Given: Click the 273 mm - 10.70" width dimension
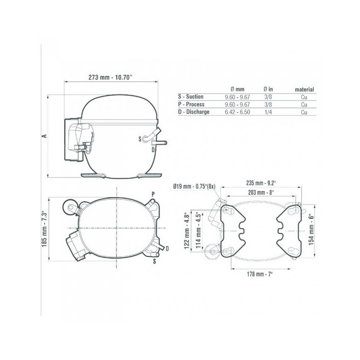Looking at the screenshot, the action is pyautogui.click(x=111, y=77).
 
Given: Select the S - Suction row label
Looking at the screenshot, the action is pyautogui.click(x=190, y=96).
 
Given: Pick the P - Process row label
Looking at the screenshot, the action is pyautogui.click(x=191, y=104).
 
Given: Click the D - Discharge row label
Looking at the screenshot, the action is pyautogui.click(x=194, y=112).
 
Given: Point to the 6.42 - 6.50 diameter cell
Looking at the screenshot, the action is pyautogui.click(x=237, y=112).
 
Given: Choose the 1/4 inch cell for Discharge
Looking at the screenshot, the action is pyautogui.click(x=268, y=112).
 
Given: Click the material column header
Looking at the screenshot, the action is pyautogui.click(x=304, y=89).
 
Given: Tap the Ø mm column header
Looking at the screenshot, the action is pyautogui.click(x=237, y=89).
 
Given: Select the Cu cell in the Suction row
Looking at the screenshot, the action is pyautogui.click(x=304, y=97).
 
